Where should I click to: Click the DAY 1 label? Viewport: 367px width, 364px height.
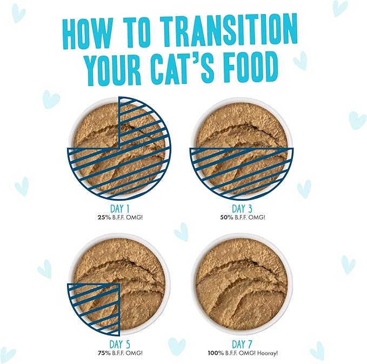pyautogui.click(x=118, y=208)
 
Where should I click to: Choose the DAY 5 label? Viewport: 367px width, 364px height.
pyautogui.click(x=118, y=344)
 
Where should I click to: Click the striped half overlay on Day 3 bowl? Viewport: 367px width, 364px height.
pyautogui.click(x=241, y=170)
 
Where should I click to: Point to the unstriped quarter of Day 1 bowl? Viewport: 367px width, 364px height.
pyautogui.click(x=95, y=124)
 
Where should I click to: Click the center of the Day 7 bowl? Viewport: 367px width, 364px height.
pyautogui.click(x=241, y=284)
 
